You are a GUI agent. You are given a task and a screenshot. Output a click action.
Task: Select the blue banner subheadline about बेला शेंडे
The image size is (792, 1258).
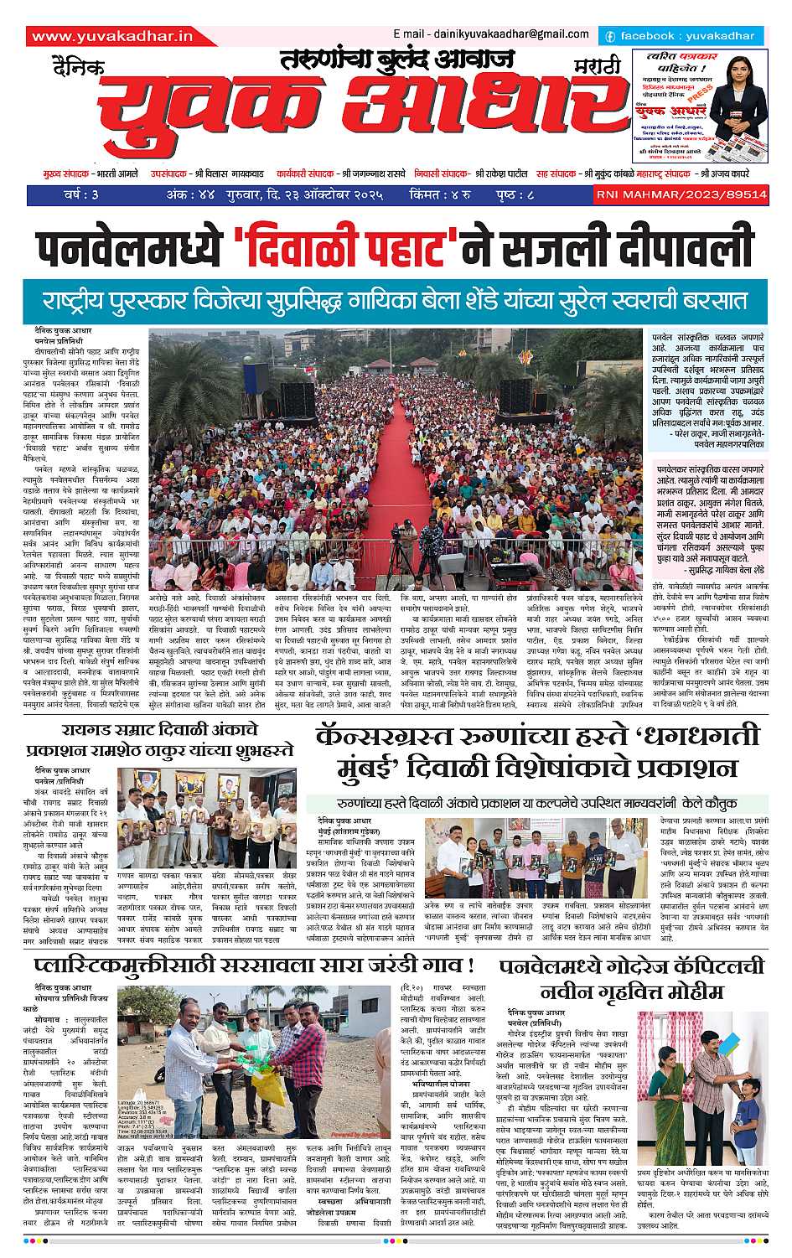click(396, 300)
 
